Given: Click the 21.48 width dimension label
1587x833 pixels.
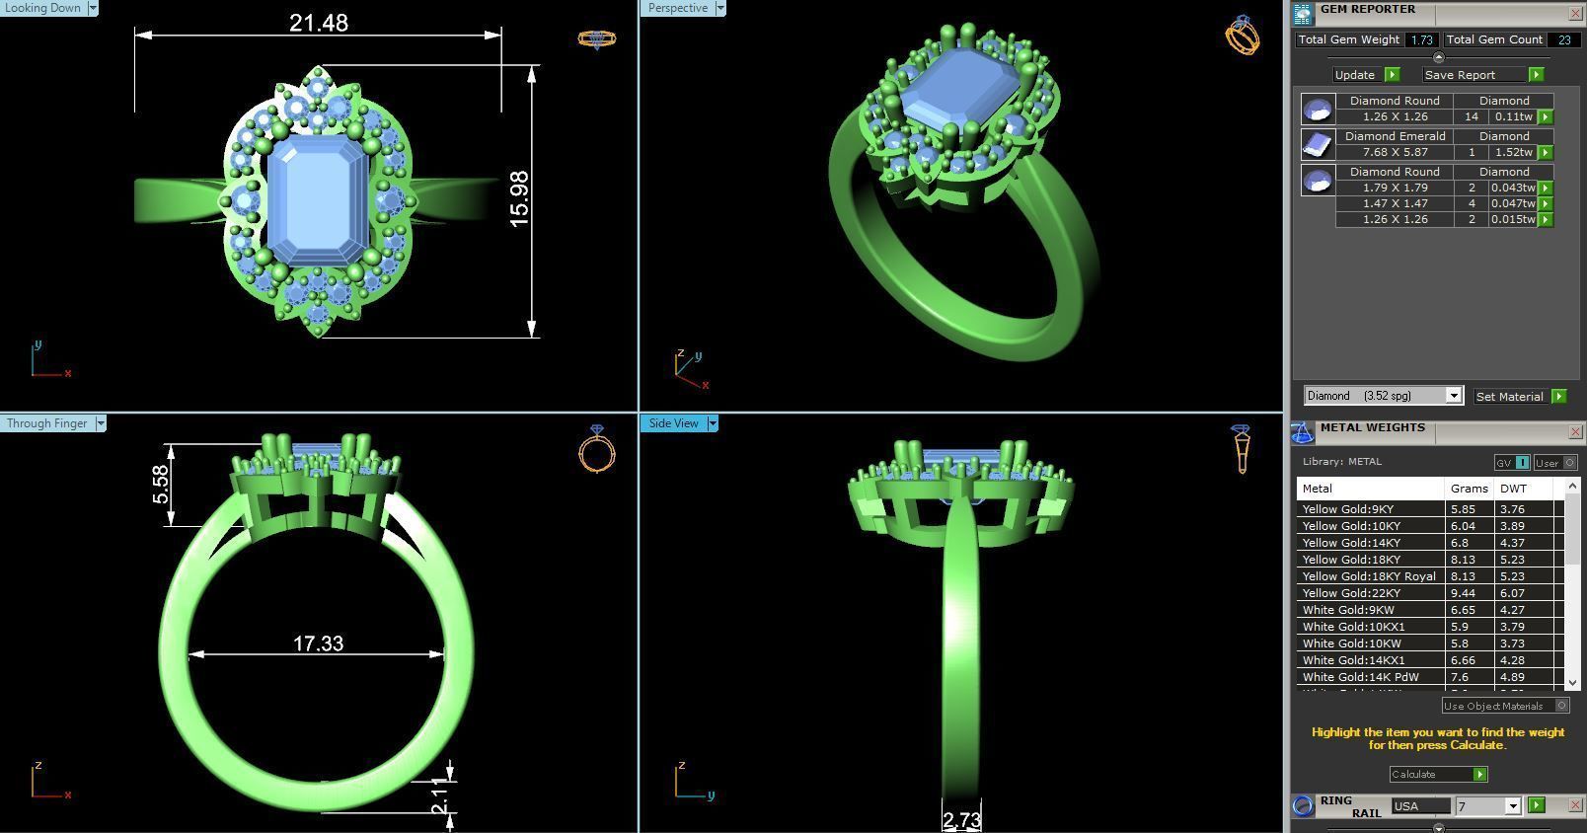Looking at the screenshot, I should pyautogui.click(x=318, y=23).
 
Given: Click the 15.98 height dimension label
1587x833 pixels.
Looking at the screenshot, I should pyautogui.click(x=519, y=199).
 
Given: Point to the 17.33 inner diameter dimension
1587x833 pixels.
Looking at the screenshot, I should pyautogui.click(x=318, y=644).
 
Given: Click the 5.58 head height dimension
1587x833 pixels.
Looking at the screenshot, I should pyautogui.click(x=160, y=485).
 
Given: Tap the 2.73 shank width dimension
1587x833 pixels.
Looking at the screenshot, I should pyautogui.click(x=961, y=820).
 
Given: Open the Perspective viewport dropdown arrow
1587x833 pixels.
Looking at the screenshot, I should pyautogui.click(x=720, y=8).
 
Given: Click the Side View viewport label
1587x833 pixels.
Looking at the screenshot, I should pyautogui.click(x=673, y=423).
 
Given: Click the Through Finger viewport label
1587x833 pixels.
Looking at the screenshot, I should pyautogui.click(x=46, y=423).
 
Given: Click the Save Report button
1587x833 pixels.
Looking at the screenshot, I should pyautogui.click(x=1460, y=75).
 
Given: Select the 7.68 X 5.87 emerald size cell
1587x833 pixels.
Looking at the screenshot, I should pyautogui.click(x=1395, y=152).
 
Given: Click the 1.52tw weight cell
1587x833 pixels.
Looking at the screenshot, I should pyautogui.click(x=1513, y=152).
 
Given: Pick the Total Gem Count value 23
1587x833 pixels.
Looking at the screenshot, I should pyautogui.click(x=1563, y=39).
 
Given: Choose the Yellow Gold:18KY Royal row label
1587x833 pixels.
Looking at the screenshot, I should pyautogui.click(x=1369, y=576).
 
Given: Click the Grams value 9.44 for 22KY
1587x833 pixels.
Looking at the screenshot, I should pyautogui.click(x=1462, y=593).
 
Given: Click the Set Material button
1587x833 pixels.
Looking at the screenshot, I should pyautogui.click(x=1509, y=396).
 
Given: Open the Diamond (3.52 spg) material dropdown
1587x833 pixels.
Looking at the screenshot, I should pyautogui.click(x=1453, y=396).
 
